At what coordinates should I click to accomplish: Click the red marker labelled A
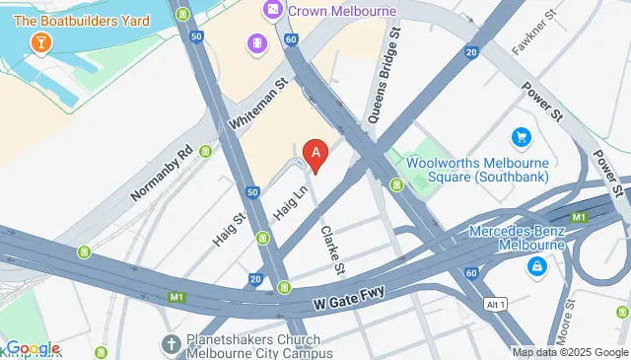(x=315, y=153)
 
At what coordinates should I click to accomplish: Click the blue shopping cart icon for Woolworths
(x=522, y=137)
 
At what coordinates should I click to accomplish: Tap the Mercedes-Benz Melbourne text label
(x=516, y=238)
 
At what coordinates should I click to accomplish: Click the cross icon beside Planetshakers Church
(x=170, y=344)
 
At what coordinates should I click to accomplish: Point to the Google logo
(x=33, y=348)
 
